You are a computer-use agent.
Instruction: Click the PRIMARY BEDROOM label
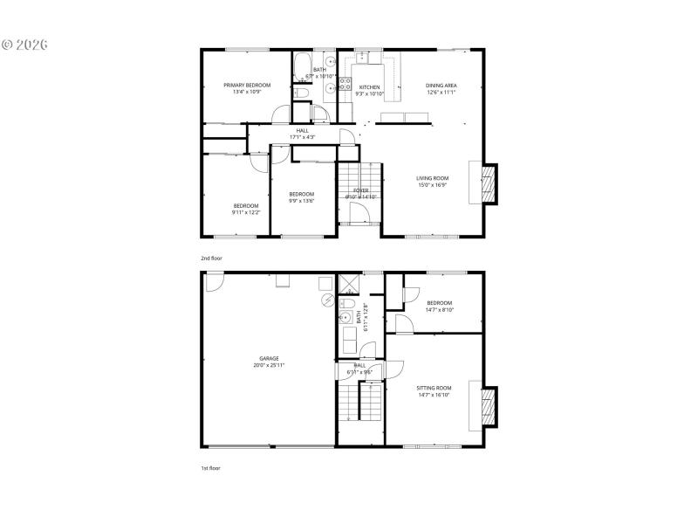(247, 85)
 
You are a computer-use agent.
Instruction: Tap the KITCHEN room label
(370, 87)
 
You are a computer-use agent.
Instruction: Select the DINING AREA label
(441, 85)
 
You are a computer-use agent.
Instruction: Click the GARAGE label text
(269, 358)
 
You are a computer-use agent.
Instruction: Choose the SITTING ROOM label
(435, 387)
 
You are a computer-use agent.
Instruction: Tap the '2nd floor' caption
(211, 259)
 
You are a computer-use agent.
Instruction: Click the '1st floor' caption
(211, 468)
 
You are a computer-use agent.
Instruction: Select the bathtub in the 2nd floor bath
(301, 65)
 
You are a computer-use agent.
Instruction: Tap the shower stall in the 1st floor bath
(349, 283)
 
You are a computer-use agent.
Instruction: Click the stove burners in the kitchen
(345, 86)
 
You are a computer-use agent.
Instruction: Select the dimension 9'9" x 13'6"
(301, 201)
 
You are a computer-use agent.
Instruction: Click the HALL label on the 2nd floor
(302, 131)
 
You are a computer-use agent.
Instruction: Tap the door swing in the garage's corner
(212, 279)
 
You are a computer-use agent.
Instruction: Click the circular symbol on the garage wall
(328, 300)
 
